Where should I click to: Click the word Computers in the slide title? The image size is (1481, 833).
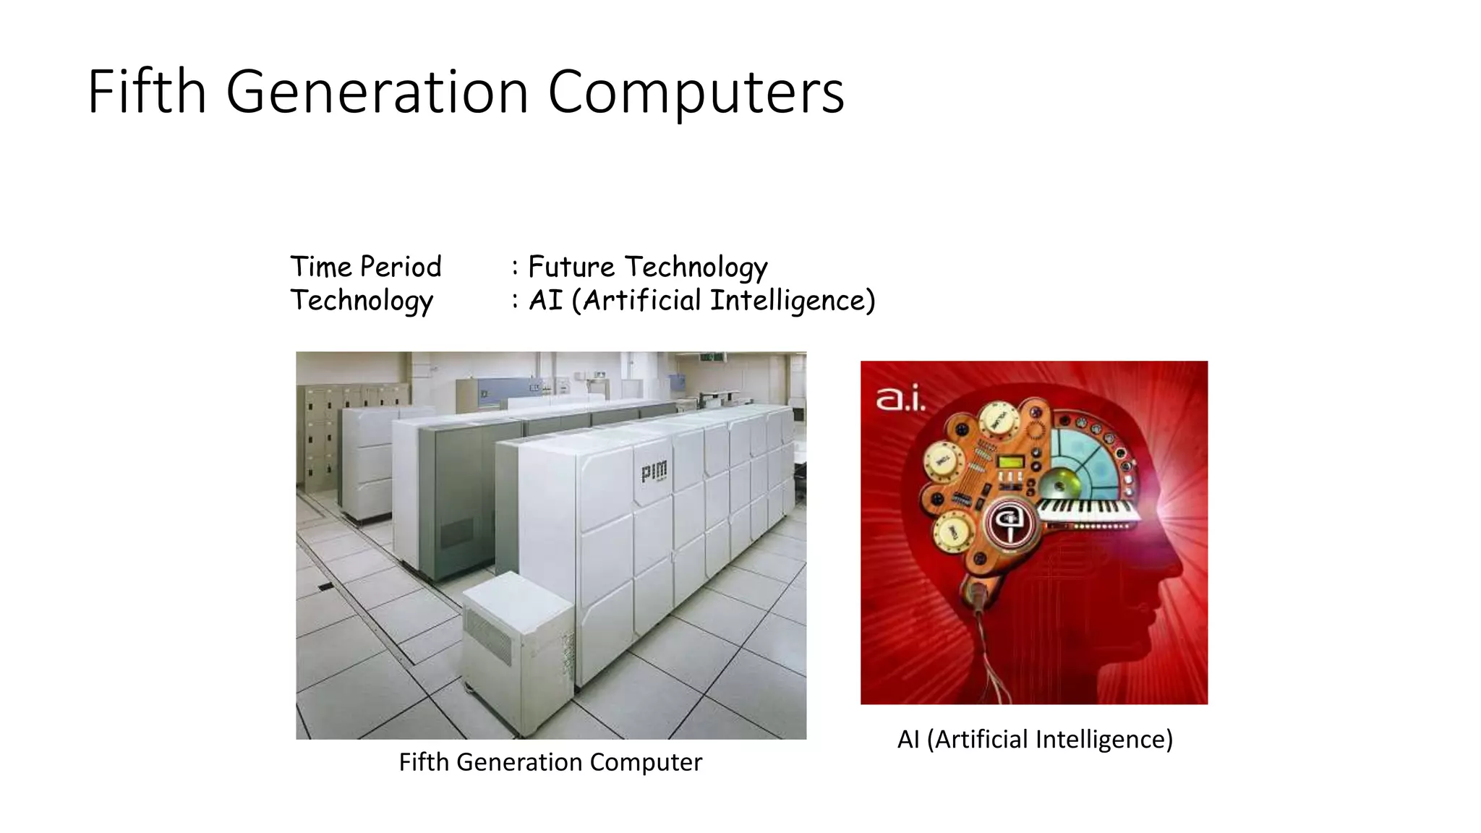point(696,92)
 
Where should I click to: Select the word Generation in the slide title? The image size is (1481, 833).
point(377,92)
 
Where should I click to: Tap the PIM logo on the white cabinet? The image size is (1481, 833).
point(654,472)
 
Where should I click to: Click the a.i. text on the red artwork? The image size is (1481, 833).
point(900,398)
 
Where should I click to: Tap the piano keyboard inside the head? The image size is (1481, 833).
point(1088,511)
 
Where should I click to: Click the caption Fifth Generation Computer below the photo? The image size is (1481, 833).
point(550,762)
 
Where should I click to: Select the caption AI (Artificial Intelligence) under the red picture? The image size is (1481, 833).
point(1035,740)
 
